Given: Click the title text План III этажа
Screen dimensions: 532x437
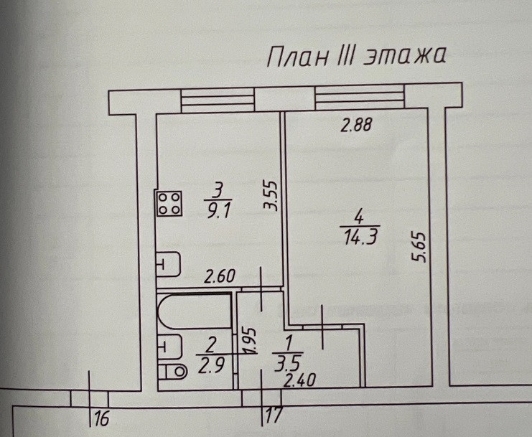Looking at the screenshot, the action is point(356,56).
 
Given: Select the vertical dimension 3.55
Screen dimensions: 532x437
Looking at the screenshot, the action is point(270,194).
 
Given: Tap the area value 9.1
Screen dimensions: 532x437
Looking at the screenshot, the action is point(215,212).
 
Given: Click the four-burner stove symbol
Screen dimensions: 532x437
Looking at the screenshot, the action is point(169,203).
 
